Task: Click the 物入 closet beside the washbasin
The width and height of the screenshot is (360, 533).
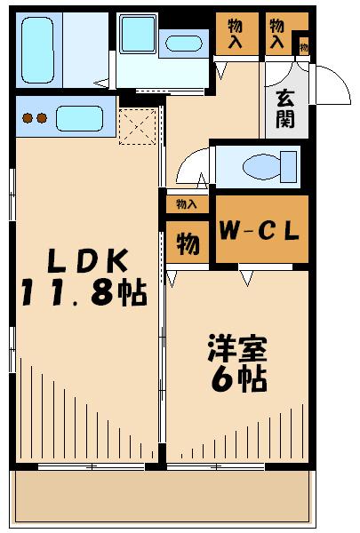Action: [235, 34]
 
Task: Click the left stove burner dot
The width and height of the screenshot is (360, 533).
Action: [28, 117]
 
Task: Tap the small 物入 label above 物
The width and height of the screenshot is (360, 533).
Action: [187, 204]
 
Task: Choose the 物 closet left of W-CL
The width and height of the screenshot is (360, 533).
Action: [187, 243]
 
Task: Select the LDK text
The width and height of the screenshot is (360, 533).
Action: [89, 262]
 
